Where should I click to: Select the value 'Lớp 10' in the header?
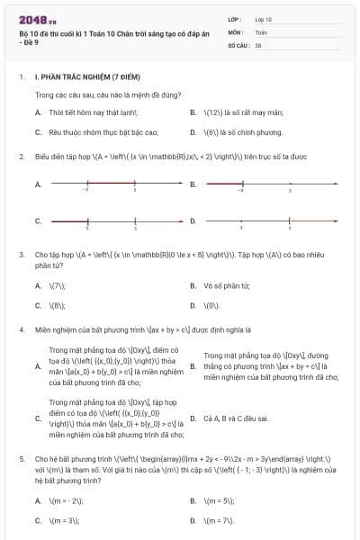[x=264, y=19]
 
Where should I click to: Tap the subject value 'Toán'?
[x=261, y=31]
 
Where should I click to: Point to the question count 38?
[x=258, y=44]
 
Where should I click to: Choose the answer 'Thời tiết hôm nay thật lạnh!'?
[x=93, y=113]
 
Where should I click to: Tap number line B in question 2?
[x=270, y=184]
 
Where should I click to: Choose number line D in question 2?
[x=270, y=220]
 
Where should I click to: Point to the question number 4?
[x=21, y=330]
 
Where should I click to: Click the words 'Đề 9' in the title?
[x=30, y=53]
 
